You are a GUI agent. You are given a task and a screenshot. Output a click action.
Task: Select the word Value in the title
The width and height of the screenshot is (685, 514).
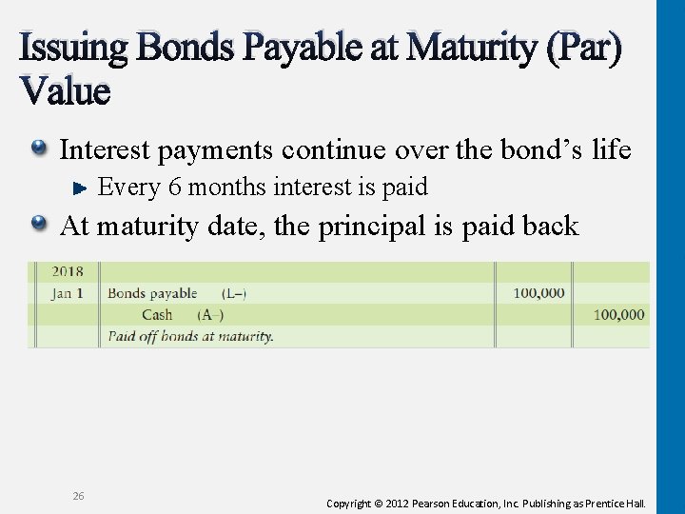tap(64, 91)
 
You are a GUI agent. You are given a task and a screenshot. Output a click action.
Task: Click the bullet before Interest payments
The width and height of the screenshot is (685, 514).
tap(41, 148)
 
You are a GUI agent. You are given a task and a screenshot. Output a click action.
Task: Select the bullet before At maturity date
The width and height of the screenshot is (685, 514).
tap(41, 225)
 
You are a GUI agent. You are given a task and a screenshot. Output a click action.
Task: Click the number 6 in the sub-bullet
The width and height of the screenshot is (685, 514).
tap(175, 188)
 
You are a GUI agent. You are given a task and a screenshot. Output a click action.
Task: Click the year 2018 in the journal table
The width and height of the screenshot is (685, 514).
tap(67, 271)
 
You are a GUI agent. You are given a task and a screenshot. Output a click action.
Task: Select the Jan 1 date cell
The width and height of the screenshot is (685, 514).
tap(67, 293)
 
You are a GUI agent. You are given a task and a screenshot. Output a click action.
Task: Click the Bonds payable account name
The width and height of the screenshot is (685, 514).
tap(152, 293)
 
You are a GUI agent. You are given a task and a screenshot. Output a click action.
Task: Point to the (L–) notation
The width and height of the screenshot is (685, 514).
tap(234, 293)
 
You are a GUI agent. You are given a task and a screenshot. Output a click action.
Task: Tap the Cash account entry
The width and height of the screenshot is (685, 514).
tap(157, 314)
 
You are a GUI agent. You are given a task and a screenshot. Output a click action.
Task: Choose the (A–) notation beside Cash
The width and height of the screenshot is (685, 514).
tap(211, 314)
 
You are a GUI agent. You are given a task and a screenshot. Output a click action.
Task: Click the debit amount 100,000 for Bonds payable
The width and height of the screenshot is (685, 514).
tap(538, 293)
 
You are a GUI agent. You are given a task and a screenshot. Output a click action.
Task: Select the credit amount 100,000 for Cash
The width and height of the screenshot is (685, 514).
tap(618, 314)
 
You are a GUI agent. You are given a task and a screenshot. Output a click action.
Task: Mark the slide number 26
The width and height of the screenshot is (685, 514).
tap(78, 496)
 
